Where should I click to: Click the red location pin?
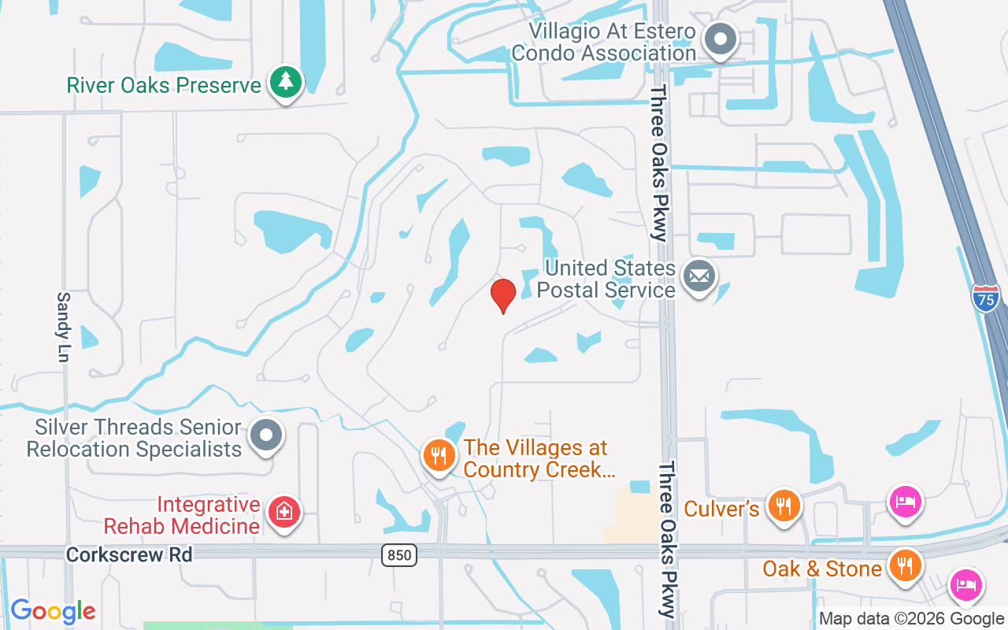(503, 295)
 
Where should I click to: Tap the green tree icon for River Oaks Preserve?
(286, 82)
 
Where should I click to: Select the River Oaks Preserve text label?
(164, 85)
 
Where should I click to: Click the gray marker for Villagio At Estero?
(719, 39)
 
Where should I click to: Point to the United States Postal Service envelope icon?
(699, 276)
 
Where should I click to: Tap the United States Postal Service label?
(606, 279)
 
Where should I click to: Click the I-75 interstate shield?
(985, 298)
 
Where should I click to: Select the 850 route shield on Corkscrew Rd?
(399, 555)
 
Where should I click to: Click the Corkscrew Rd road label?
(129, 554)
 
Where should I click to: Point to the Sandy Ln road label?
(64, 327)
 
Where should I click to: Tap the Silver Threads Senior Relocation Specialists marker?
(266, 434)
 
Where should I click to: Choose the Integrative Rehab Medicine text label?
(182, 515)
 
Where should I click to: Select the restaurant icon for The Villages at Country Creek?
(439, 454)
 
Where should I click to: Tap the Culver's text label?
(721, 509)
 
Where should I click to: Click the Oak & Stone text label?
(821, 569)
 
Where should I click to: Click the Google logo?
(53, 611)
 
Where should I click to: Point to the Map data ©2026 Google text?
(910, 619)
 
